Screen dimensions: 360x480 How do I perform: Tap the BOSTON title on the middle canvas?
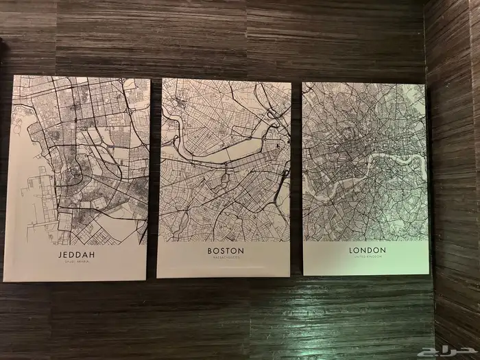(x=226, y=251)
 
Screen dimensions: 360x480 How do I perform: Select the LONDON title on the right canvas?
(x=368, y=250)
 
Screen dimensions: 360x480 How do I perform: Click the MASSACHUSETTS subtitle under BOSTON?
(x=226, y=259)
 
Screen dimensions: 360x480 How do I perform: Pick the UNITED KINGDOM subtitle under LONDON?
(x=368, y=257)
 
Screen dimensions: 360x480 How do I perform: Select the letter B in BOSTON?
(x=210, y=251)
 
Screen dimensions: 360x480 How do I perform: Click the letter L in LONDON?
(x=352, y=250)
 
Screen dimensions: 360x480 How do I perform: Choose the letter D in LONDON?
(x=370, y=250)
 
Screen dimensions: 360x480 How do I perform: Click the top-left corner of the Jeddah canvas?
(x=14, y=75)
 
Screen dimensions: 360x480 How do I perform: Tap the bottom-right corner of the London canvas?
(x=429, y=274)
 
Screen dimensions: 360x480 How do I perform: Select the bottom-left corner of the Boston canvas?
(x=158, y=277)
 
